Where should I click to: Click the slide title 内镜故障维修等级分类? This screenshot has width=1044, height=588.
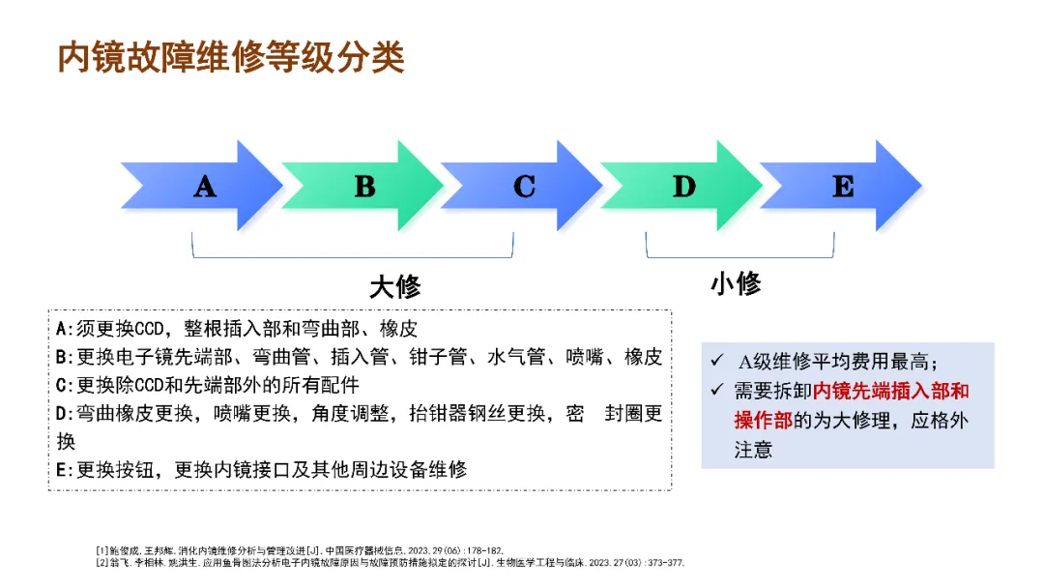click(x=231, y=57)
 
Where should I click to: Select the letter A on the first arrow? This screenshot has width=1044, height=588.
click(x=204, y=186)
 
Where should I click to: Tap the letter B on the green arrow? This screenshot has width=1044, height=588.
click(x=364, y=186)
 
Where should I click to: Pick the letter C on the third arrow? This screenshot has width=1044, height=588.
click(x=524, y=186)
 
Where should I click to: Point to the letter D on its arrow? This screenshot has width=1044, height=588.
click(x=683, y=186)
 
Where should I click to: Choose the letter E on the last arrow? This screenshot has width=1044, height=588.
click(x=843, y=186)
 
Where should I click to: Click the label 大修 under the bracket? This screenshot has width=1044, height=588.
click(x=394, y=287)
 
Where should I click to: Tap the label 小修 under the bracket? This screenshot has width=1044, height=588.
click(x=736, y=283)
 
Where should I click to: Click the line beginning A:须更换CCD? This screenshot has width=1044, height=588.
click(x=237, y=329)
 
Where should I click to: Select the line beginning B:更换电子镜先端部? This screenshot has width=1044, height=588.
click(x=359, y=357)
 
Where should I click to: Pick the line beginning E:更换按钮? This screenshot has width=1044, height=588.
click(x=261, y=470)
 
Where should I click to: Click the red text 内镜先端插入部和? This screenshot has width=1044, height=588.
click(x=890, y=392)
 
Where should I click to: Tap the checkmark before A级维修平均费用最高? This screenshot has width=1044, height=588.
click(x=716, y=361)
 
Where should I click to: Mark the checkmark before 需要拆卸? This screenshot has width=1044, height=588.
click(x=716, y=392)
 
